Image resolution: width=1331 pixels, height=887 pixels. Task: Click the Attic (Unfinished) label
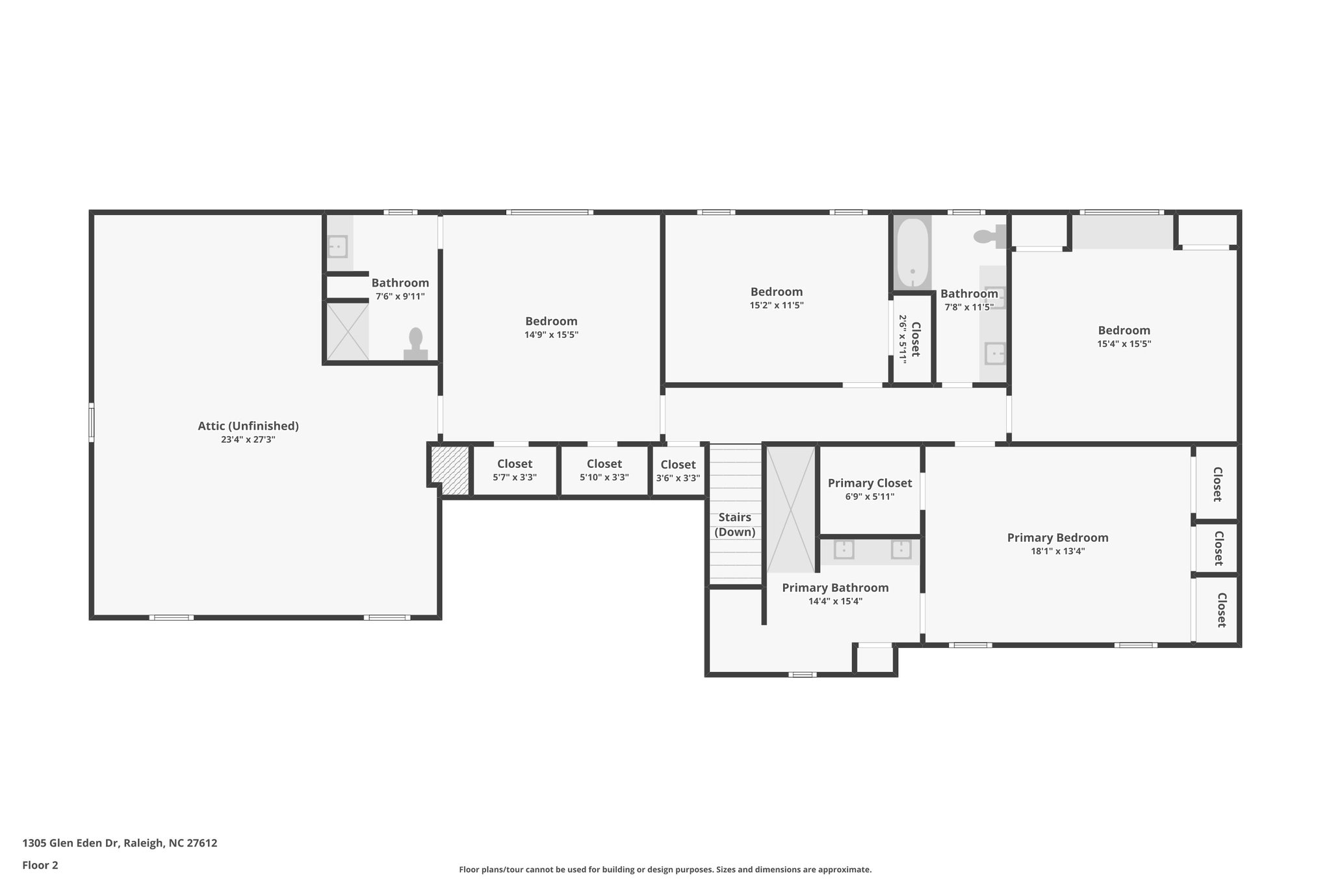[x=248, y=426]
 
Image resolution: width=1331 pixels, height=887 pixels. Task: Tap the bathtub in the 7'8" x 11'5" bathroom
[x=912, y=253]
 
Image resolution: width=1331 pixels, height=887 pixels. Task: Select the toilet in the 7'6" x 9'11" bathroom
[x=416, y=344]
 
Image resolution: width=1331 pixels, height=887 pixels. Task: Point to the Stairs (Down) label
[x=735, y=524]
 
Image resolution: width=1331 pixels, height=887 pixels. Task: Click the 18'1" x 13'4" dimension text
[x=1057, y=551]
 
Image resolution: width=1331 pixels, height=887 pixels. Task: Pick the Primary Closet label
[x=870, y=483]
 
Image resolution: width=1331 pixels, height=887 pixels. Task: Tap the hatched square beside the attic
[x=450, y=470]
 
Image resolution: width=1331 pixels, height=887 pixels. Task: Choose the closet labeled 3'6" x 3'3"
[x=678, y=470]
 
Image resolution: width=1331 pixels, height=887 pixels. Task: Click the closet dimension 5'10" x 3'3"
[x=604, y=477]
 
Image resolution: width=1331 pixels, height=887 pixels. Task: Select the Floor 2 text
[x=40, y=865]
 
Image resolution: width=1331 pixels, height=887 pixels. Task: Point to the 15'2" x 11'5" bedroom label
[x=777, y=292]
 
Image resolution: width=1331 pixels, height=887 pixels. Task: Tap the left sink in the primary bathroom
[x=844, y=549]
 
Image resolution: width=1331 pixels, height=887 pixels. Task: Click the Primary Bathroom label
[x=835, y=587]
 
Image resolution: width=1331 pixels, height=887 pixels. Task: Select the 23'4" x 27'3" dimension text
[x=248, y=439]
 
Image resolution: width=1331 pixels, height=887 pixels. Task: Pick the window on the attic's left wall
[x=92, y=422]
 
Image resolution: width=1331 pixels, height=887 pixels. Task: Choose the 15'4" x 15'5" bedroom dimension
[x=1124, y=344]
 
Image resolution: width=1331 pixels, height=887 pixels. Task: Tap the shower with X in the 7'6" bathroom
[x=348, y=331]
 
